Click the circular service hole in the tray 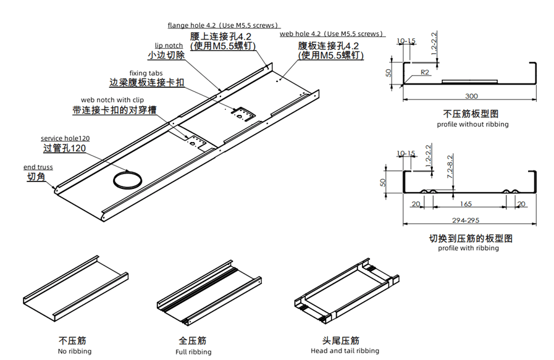(126, 180)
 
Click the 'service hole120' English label (65, 138)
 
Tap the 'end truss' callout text (38, 167)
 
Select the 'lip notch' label (169, 46)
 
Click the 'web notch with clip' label (112, 100)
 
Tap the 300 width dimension (471, 96)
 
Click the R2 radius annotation (425, 72)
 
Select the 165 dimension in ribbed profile (466, 204)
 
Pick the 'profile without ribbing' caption (472, 124)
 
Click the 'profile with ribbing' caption (468, 248)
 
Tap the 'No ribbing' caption (75, 351)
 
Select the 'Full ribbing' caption (193, 352)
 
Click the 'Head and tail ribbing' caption (345, 351)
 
